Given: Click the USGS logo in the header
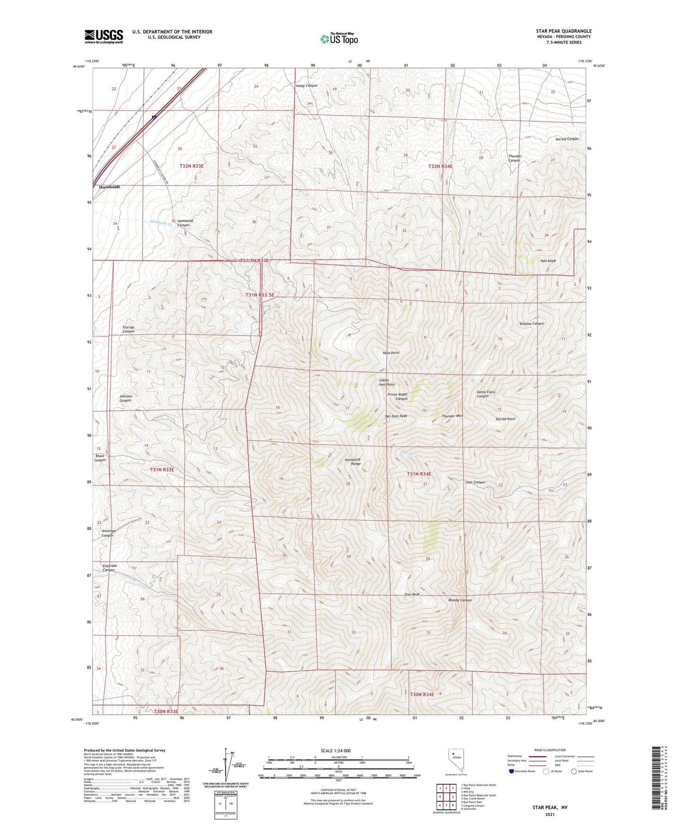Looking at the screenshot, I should [x=104, y=36].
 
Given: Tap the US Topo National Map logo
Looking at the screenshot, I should [x=339, y=39].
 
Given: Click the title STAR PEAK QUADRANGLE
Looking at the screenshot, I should [x=564, y=31].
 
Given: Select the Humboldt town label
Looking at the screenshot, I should [x=109, y=187].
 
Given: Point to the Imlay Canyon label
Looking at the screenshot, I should [x=306, y=86].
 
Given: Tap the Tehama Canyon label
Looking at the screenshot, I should [x=531, y=324].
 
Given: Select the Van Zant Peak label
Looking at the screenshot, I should [x=396, y=416].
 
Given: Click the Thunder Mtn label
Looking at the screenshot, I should [x=452, y=416].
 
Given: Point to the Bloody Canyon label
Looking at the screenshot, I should [x=460, y=600].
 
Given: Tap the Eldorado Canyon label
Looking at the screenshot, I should [x=109, y=568].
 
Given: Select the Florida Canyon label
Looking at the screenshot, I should [x=128, y=329].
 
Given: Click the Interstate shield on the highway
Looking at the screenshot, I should [x=154, y=117].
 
